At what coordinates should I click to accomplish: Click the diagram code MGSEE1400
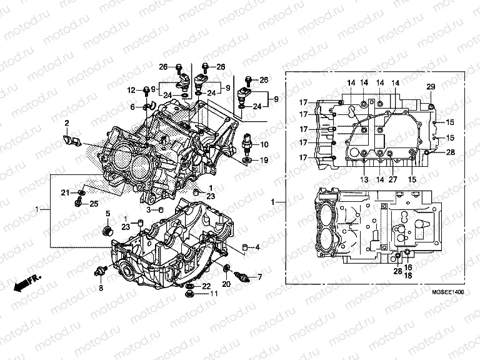tap(445, 292)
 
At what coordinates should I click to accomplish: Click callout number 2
tap(66, 122)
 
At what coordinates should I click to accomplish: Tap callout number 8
tap(101, 287)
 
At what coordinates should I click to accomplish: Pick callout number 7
tap(260, 276)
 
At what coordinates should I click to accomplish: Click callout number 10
tap(264, 144)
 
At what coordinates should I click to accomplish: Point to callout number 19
tap(264, 161)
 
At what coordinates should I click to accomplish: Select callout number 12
tap(132, 91)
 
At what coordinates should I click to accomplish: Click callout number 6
tap(132, 107)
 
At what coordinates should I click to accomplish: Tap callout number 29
tap(430, 86)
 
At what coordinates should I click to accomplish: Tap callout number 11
tap(213, 294)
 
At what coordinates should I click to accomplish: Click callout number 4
tap(257, 247)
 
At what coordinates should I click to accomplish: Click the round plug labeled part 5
tap(106, 232)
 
